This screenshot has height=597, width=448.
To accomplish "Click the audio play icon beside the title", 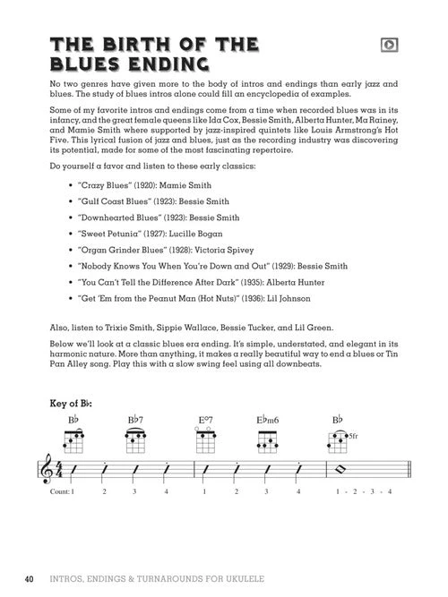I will tap(390, 44).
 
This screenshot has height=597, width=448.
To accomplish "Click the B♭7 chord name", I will tap(136, 420).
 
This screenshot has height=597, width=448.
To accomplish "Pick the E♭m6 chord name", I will tap(267, 420).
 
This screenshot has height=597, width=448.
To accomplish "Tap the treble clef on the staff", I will tap(45, 471).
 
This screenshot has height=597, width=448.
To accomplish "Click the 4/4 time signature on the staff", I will tap(60, 472).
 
